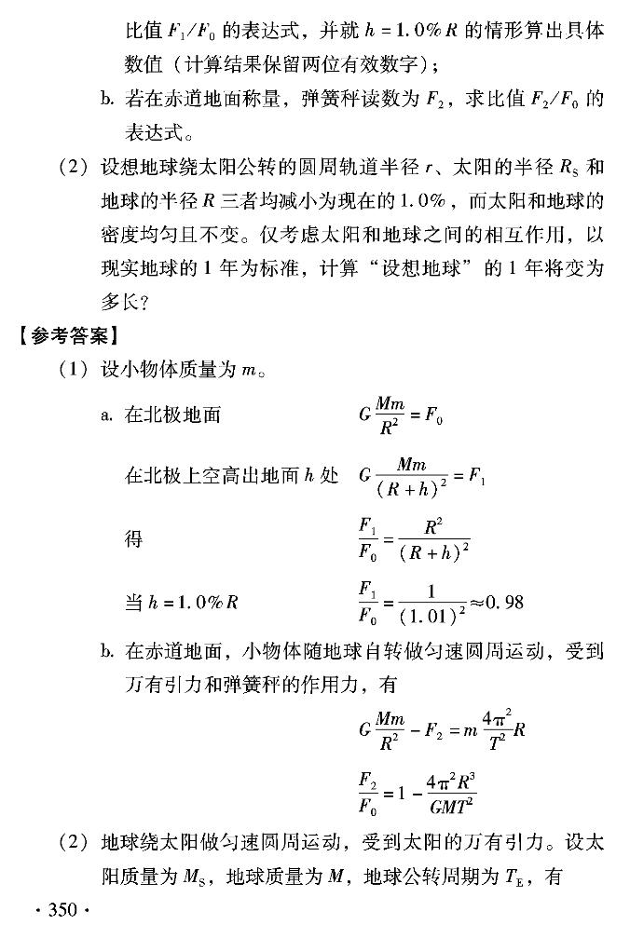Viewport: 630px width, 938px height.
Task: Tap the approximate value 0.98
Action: pyautogui.click(x=502, y=602)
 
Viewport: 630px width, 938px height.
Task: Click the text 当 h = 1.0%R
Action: pyautogui.click(x=181, y=601)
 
